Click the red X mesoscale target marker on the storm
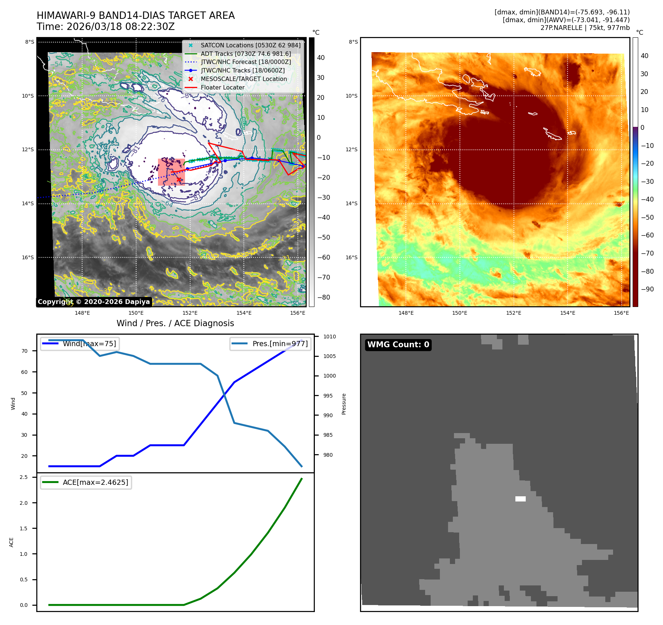(179, 180)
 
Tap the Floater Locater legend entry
(222, 88)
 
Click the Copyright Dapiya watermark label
(94, 302)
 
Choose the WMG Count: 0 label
(398, 345)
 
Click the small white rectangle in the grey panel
(520, 499)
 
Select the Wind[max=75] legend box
(80, 344)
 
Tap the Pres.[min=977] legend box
(270, 344)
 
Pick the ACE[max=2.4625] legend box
(86, 482)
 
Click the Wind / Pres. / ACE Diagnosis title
(175, 323)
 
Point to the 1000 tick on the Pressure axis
(329, 376)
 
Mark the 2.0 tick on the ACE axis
(24, 503)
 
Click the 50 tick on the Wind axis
(24, 393)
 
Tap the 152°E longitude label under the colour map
(514, 313)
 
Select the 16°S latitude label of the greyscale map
(27, 257)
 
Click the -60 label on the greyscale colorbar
(324, 257)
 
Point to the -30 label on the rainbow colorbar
(647, 182)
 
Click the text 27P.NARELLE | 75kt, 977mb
(585, 28)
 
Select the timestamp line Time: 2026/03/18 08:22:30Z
(105, 27)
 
